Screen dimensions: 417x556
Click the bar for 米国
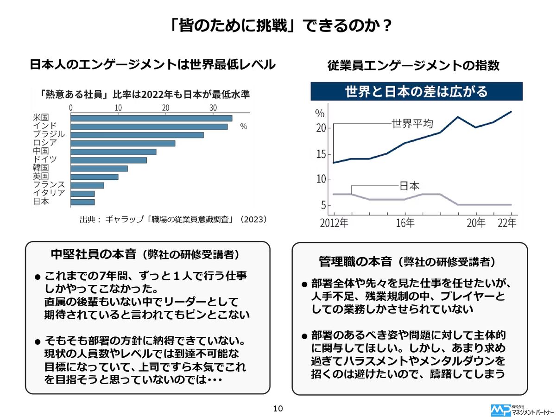pos(151,118)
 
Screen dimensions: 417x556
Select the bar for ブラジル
pos(137,135)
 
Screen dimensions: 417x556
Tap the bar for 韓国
pos(99,168)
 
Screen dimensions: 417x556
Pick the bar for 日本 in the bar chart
pos(82,202)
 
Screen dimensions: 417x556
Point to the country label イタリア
pos(49,193)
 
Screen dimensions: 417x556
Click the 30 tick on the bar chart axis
pos(213,107)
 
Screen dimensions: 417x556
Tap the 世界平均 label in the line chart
pos(412,124)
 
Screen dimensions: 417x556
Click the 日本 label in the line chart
pos(409,186)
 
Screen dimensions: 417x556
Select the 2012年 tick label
pos(334,223)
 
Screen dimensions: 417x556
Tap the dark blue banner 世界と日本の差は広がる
pos(416,91)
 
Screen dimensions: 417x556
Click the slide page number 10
pos(278,408)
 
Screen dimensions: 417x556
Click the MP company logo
pos(500,410)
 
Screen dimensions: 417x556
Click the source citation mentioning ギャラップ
pos(174,219)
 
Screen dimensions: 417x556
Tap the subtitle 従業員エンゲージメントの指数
pos(413,66)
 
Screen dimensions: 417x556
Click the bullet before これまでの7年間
pos(38,278)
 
